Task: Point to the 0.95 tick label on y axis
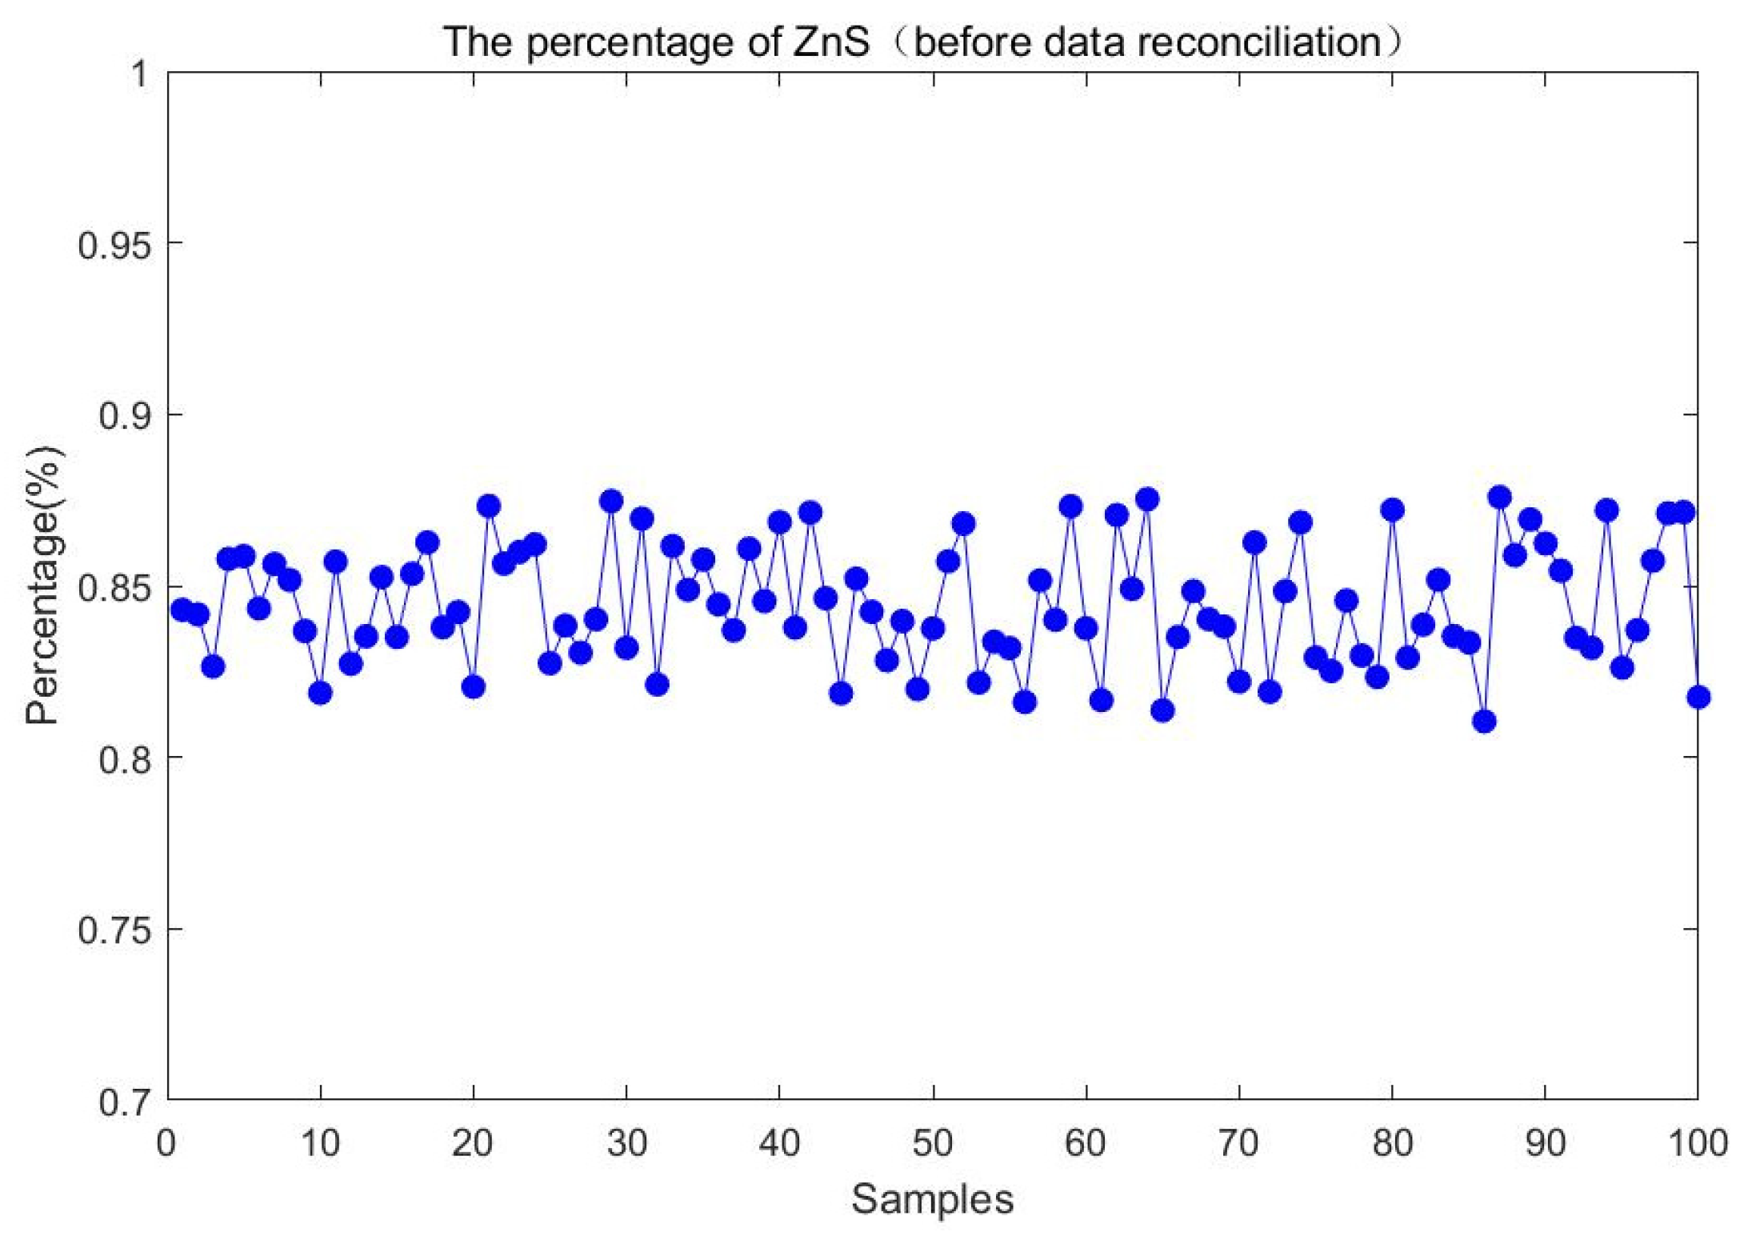click(114, 244)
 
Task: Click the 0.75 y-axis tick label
click(114, 930)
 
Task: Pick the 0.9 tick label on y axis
click(124, 415)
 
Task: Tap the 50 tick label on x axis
click(932, 1143)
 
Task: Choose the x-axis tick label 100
click(1697, 1143)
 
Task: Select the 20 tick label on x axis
click(473, 1143)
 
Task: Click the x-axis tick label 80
click(1392, 1143)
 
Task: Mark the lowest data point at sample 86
click(1484, 722)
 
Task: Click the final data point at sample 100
click(1698, 697)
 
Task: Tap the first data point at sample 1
click(182, 610)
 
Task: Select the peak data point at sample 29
click(612, 501)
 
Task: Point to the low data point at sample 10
click(321, 693)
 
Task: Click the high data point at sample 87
click(1500, 497)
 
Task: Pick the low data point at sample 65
click(1163, 710)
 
